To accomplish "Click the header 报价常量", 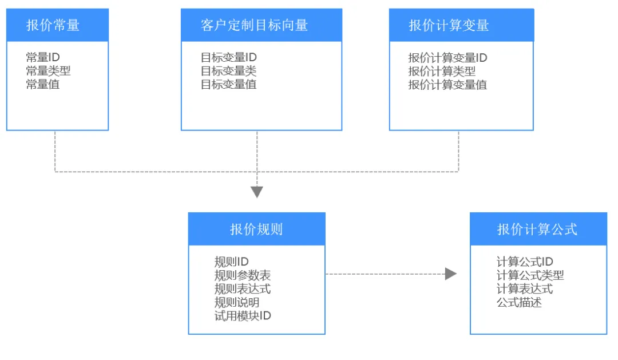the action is point(53,25).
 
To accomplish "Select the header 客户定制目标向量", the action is point(254,25).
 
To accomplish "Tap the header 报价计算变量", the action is point(449,25).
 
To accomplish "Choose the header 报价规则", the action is point(256,229).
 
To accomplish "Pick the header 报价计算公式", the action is point(537,229).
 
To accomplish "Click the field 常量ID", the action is point(42,58).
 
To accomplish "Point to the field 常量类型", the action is point(48,71).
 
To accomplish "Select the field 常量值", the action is point(42,84).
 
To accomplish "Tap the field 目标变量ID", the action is point(228,58).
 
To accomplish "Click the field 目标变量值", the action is point(228,84).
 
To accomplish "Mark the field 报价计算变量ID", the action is point(447,58).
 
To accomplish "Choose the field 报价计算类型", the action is point(442,71).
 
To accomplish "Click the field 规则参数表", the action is point(243,275).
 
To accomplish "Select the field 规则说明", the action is point(237,302).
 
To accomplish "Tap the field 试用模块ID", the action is point(243,316).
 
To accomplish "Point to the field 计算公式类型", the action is point(530,275).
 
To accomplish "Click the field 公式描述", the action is point(519,302).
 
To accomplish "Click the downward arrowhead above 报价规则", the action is point(257,192).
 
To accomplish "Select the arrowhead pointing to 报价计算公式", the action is point(451,274).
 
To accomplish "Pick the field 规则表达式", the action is point(243,288).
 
